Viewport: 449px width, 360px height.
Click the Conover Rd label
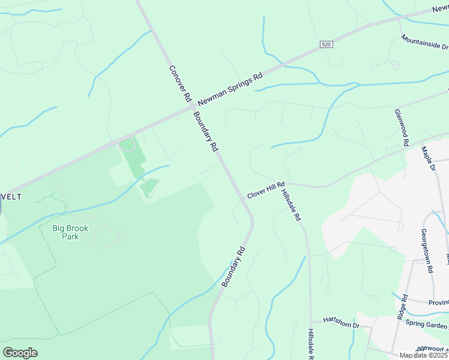click(x=179, y=83)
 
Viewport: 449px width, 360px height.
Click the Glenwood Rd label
click(x=402, y=128)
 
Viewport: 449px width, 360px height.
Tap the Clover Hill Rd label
click(x=265, y=192)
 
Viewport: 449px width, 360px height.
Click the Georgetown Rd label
click(x=427, y=251)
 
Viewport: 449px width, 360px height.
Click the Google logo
click(x=20, y=353)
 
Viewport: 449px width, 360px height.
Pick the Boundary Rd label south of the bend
click(x=234, y=266)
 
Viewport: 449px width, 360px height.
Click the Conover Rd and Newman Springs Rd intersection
click(x=190, y=109)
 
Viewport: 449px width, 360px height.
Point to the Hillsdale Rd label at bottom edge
click(x=310, y=344)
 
